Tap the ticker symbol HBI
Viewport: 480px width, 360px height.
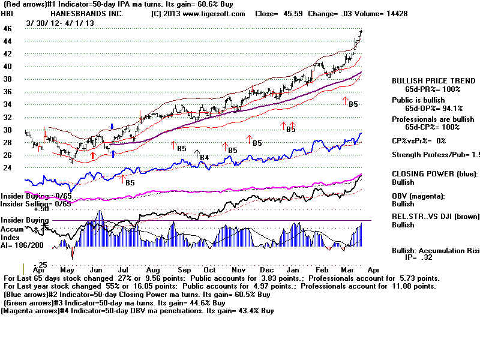(9, 13)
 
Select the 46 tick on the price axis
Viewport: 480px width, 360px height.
(8, 28)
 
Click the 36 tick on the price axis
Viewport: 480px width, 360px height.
(8, 92)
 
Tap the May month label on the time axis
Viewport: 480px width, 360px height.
(68, 271)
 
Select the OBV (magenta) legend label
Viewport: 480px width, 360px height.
(419, 196)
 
